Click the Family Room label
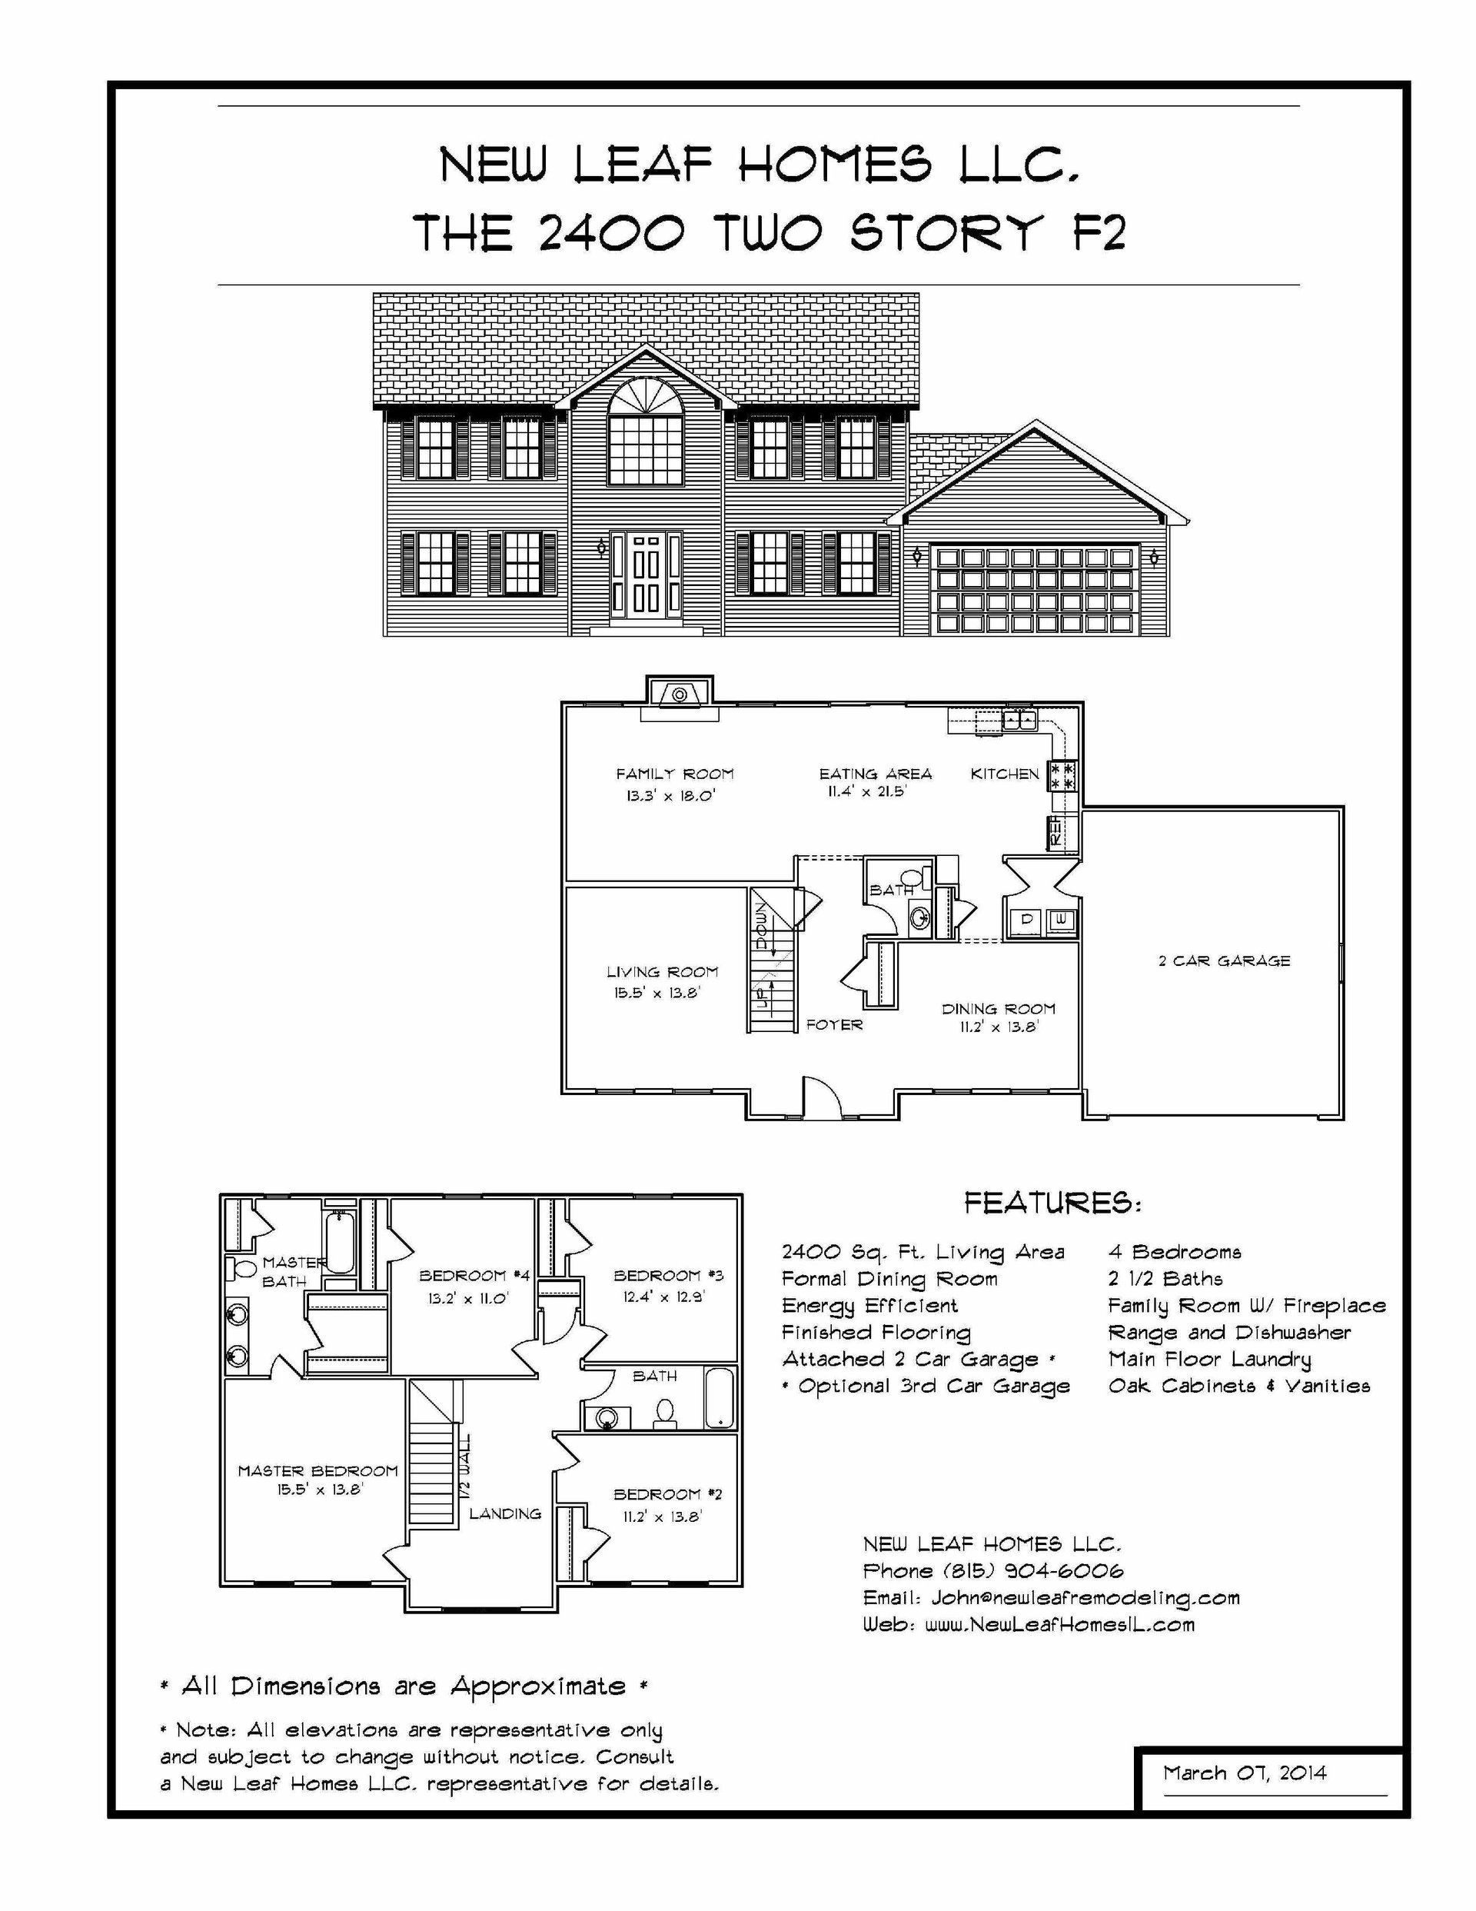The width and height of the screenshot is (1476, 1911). pyautogui.click(x=674, y=774)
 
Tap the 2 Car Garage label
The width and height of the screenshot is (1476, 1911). pyautogui.click(x=1224, y=960)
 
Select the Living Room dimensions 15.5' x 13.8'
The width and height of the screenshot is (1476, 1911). pyautogui.click(x=657, y=993)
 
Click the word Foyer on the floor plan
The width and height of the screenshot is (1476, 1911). pyautogui.click(x=834, y=1024)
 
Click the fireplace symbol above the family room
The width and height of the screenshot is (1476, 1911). pyautogui.click(x=679, y=694)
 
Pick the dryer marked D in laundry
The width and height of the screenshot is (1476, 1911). pyautogui.click(x=1027, y=920)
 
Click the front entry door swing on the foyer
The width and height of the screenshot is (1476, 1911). pyautogui.click(x=823, y=1097)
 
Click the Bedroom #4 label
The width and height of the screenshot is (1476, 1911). pyautogui.click(x=474, y=1276)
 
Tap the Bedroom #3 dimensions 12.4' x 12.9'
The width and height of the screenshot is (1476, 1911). pyautogui.click(x=664, y=1297)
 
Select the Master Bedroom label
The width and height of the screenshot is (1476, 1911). pyautogui.click(x=317, y=1471)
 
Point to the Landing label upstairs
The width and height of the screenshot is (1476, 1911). pyautogui.click(x=505, y=1513)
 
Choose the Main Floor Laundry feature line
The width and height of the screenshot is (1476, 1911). pyautogui.click(x=1209, y=1359)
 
